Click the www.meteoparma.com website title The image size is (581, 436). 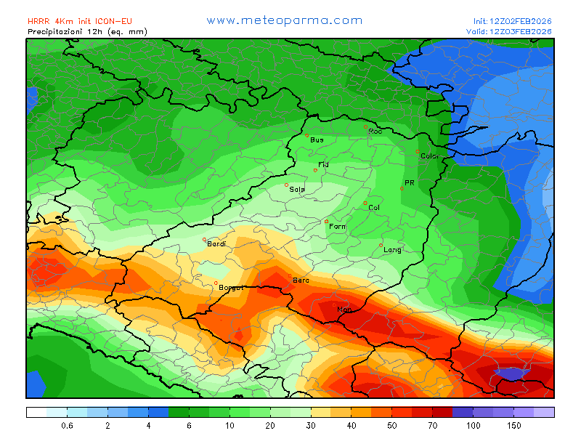284,20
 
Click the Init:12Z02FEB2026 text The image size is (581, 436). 512,22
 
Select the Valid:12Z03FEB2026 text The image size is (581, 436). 509,32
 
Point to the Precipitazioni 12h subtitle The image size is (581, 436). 87,32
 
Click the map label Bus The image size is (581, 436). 317,140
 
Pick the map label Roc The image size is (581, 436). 375,132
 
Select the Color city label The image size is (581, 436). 430,156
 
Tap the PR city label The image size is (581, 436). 409,183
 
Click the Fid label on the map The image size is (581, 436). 323,165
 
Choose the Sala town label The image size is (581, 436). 297,189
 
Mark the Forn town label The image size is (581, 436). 337,227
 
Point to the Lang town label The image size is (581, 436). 392,250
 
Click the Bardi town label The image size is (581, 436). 216,244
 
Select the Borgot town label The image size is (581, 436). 231,288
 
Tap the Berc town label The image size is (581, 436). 300,280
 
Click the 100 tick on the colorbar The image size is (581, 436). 474,425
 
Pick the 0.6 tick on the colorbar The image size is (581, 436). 67,425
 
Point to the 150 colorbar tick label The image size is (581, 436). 514,425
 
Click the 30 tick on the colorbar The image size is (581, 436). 311,425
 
